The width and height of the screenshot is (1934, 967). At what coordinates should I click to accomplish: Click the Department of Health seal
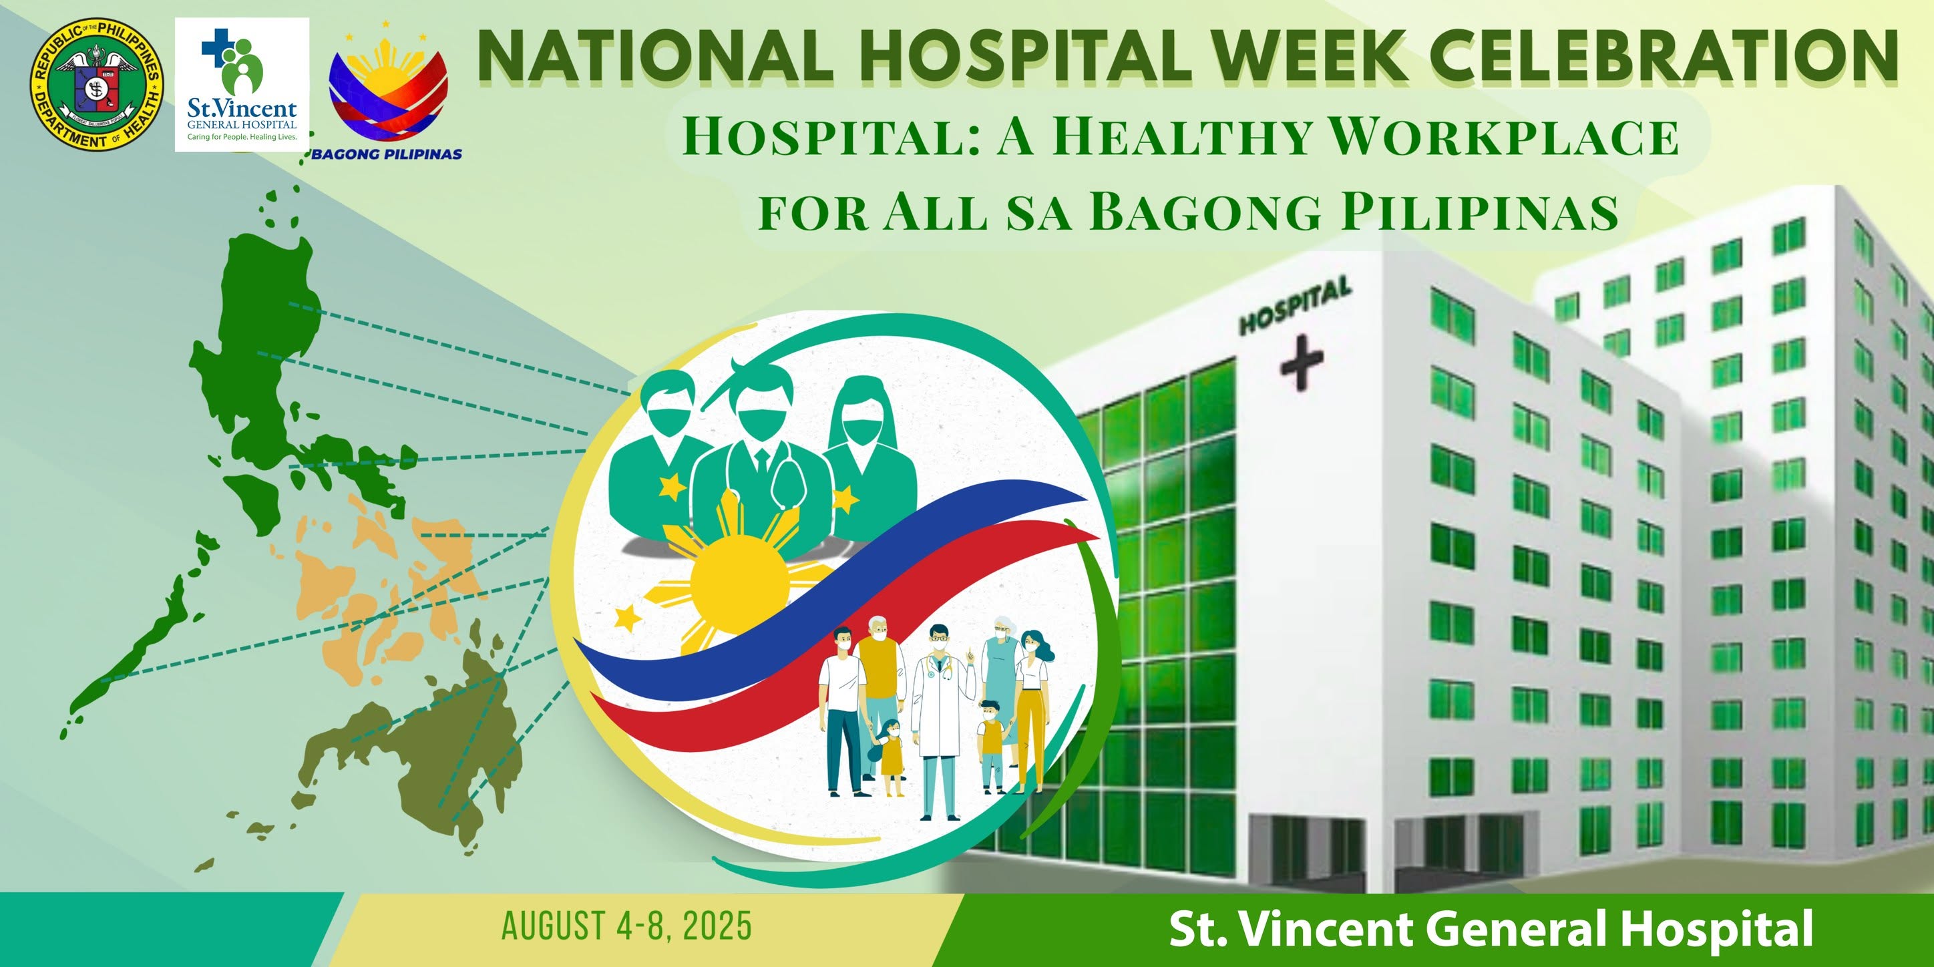point(96,84)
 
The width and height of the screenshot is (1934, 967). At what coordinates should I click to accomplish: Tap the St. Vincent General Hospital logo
point(242,85)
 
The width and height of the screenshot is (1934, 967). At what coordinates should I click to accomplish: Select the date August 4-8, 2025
point(626,926)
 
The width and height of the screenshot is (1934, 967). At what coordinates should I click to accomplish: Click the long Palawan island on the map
point(135,653)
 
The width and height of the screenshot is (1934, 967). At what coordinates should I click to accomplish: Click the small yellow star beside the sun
point(627,618)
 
